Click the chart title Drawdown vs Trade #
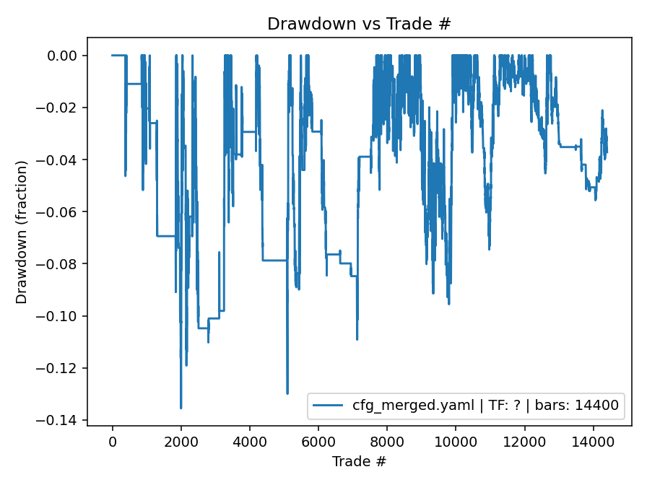pyautogui.click(x=359, y=24)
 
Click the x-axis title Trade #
pyautogui.click(x=359, y=460)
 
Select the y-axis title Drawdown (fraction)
pyautogui.click(x=22, y=232)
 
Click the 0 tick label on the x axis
pyautogui.click(x=112, y=441)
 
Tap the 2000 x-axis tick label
pyautogui.click(x=181, y=441)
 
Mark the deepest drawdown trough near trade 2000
pyautogui.click(x=181, y=408)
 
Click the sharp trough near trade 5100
pyautogui.click(x=287, y=393)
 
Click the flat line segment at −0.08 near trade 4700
pyautogui.click(x=274, y=260)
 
